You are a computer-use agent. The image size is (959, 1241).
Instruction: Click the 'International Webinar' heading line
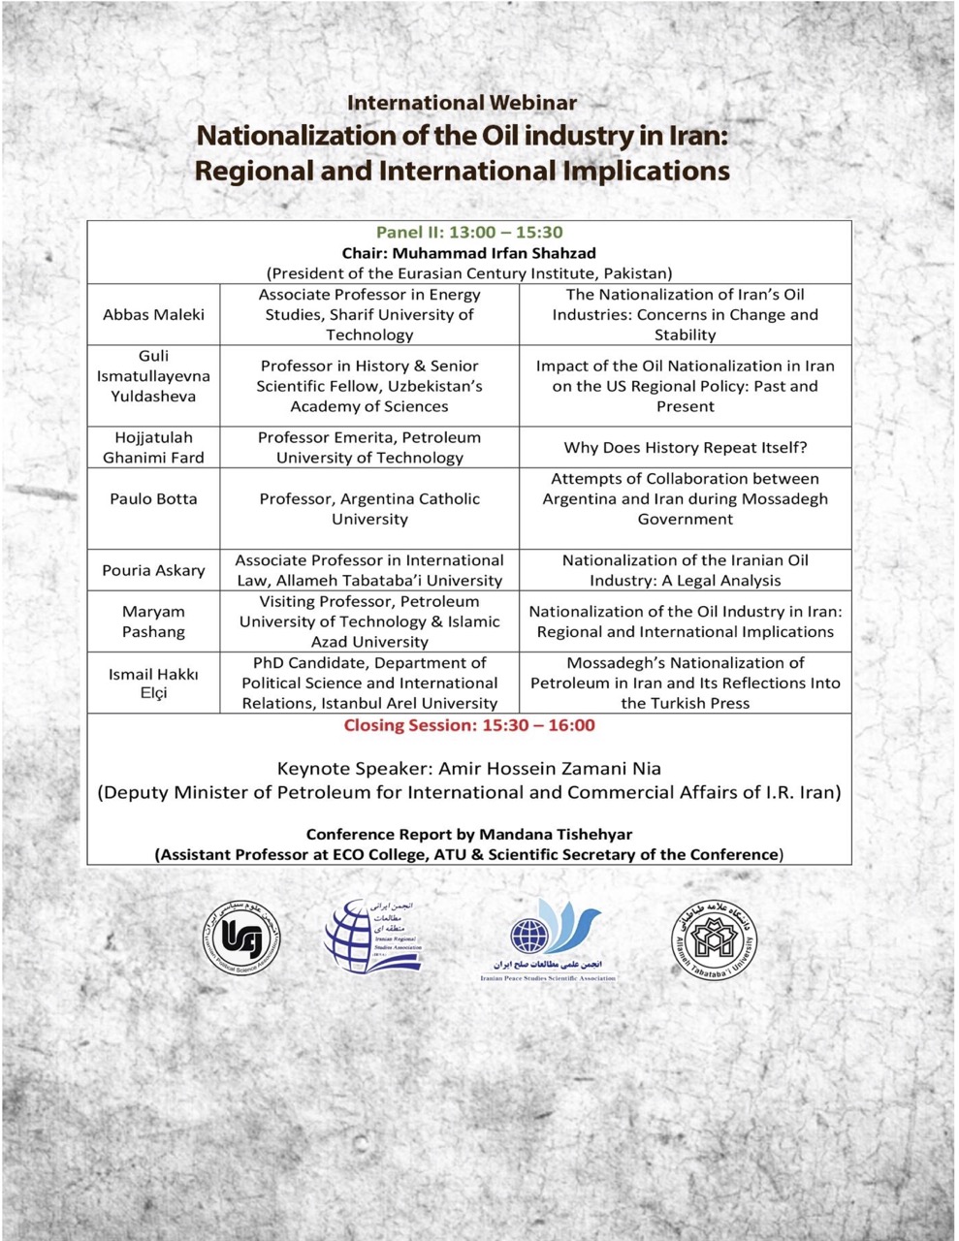[462, 103]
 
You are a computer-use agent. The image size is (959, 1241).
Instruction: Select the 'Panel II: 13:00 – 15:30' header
[469, 233]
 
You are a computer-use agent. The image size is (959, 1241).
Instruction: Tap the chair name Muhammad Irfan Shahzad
[469, 253]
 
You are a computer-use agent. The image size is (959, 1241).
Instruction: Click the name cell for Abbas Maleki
[153, 315]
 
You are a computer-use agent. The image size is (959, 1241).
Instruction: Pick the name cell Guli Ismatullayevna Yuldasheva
[153, 376]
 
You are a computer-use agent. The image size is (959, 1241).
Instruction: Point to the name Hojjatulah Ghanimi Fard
[153, 448]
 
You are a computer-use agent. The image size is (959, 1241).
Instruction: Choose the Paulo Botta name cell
[153, 499]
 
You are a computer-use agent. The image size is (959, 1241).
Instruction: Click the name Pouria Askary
[153, 570]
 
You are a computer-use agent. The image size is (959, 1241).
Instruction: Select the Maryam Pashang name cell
[153, 621]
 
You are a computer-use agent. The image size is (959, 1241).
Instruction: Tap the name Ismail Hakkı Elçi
[153, 683]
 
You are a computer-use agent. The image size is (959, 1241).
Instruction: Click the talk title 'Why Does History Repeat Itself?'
[686, 448]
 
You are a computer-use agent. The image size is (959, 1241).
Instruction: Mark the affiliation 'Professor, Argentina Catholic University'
[369, 509]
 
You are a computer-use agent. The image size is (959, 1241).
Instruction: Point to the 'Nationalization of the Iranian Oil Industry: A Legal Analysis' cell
[686, 570]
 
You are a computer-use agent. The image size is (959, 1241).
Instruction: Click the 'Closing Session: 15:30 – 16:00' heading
[469, 725]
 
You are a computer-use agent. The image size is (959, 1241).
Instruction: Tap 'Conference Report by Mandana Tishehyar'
[469, 834]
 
